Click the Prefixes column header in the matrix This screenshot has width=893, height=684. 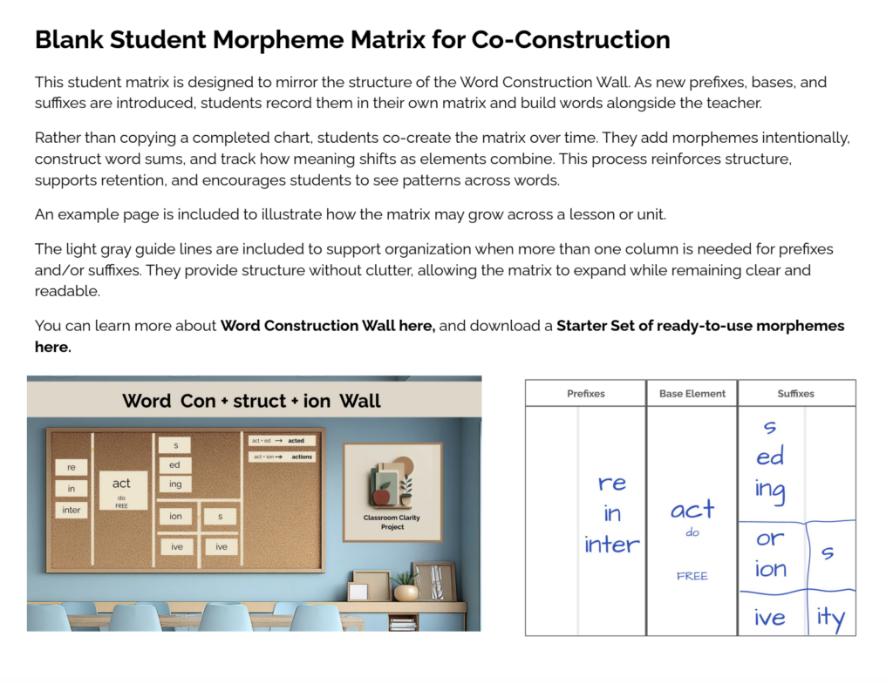coord(585,394)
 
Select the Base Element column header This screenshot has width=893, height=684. coord(692,394)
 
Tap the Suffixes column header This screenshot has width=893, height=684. coord(795,394)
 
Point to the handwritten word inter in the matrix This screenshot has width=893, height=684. coord(611,545)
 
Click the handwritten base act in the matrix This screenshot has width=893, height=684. coord(692,510)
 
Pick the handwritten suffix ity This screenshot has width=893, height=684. coord(830,618)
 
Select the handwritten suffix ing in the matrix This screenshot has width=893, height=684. coord(770,490)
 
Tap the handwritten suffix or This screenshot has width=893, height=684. coord(769,539)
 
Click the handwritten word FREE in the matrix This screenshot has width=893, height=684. coord(692,576)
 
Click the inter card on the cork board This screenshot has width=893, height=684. coord(72,510)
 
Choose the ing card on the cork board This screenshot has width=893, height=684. coord(175,484)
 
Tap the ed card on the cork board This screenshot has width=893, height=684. coord(175,465)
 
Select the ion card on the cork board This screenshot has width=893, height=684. coord(176,517)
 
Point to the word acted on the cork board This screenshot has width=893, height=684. coord(296,441)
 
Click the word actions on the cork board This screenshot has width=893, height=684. coord(301,457)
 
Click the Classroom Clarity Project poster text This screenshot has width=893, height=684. coord(392,522)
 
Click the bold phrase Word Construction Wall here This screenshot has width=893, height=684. coord(327,326)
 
